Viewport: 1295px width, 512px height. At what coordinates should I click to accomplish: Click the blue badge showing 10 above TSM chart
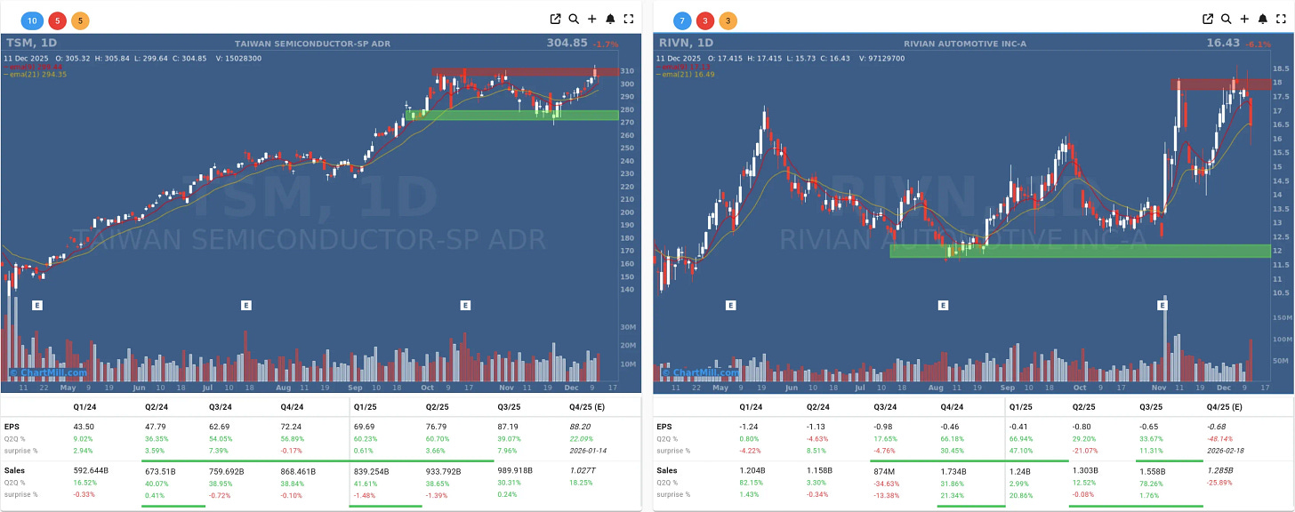[33, 20]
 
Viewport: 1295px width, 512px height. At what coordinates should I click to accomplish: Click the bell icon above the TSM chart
[610, 19]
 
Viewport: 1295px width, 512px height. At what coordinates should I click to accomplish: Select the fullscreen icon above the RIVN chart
[1281, 19]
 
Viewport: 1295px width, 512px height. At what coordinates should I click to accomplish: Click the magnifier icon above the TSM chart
[574, 19]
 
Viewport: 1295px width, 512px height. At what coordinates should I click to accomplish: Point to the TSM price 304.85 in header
[567, 43]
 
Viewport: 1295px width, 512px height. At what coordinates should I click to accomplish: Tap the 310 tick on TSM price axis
[628, 71]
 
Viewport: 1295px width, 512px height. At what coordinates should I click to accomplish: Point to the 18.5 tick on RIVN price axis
[1282, 68]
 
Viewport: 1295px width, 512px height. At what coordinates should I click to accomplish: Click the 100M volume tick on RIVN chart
[1283, 340]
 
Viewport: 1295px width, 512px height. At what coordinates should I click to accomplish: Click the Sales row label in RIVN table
[666, 470]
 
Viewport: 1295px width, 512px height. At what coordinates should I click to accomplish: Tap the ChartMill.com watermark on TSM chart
[49, 372]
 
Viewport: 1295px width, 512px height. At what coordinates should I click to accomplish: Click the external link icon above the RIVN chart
[1208, 19]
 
